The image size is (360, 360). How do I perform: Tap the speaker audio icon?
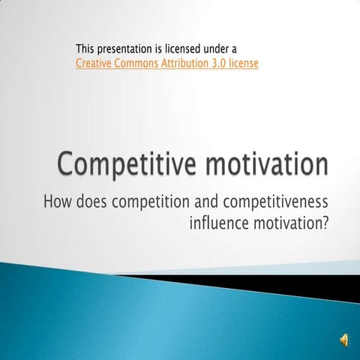pyautogui.click(x=344, y=340)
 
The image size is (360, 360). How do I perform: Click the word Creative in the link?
pyautogui.click(x=94, y=64)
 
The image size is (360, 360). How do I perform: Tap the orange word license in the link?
pyautogui.click(x=247, y=64)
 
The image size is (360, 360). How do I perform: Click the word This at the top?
pyautogui.click(x=85, y=49)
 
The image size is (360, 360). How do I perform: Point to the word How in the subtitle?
pyautogui.click(x=58, y=202)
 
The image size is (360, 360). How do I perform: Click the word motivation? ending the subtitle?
pyautogui.click(x=292, y=223)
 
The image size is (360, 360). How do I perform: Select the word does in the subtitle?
pyautogui.click(x=91, y=202)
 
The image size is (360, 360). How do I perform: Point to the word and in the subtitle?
pyautogui.click(x=200, y=202)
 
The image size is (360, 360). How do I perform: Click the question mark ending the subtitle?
pyautogui.click(x=325, y=223)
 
